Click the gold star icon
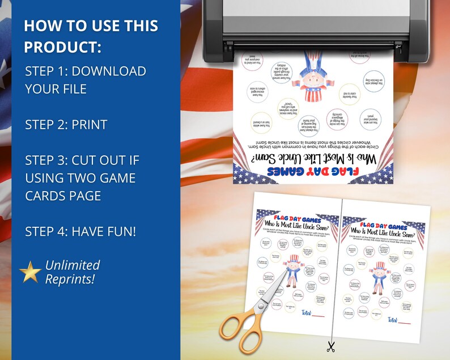30,272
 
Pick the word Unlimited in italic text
73,265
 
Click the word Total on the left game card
305,312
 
